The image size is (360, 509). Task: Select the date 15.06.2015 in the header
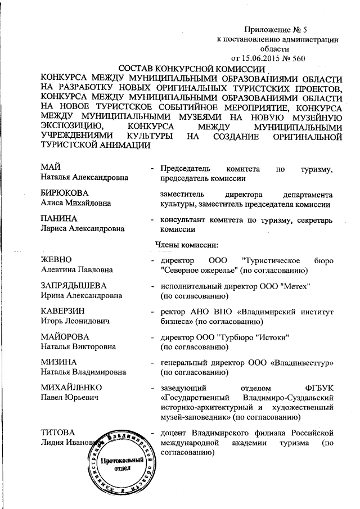tap(267, 58)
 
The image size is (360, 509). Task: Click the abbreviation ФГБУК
tap(319, 388)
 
